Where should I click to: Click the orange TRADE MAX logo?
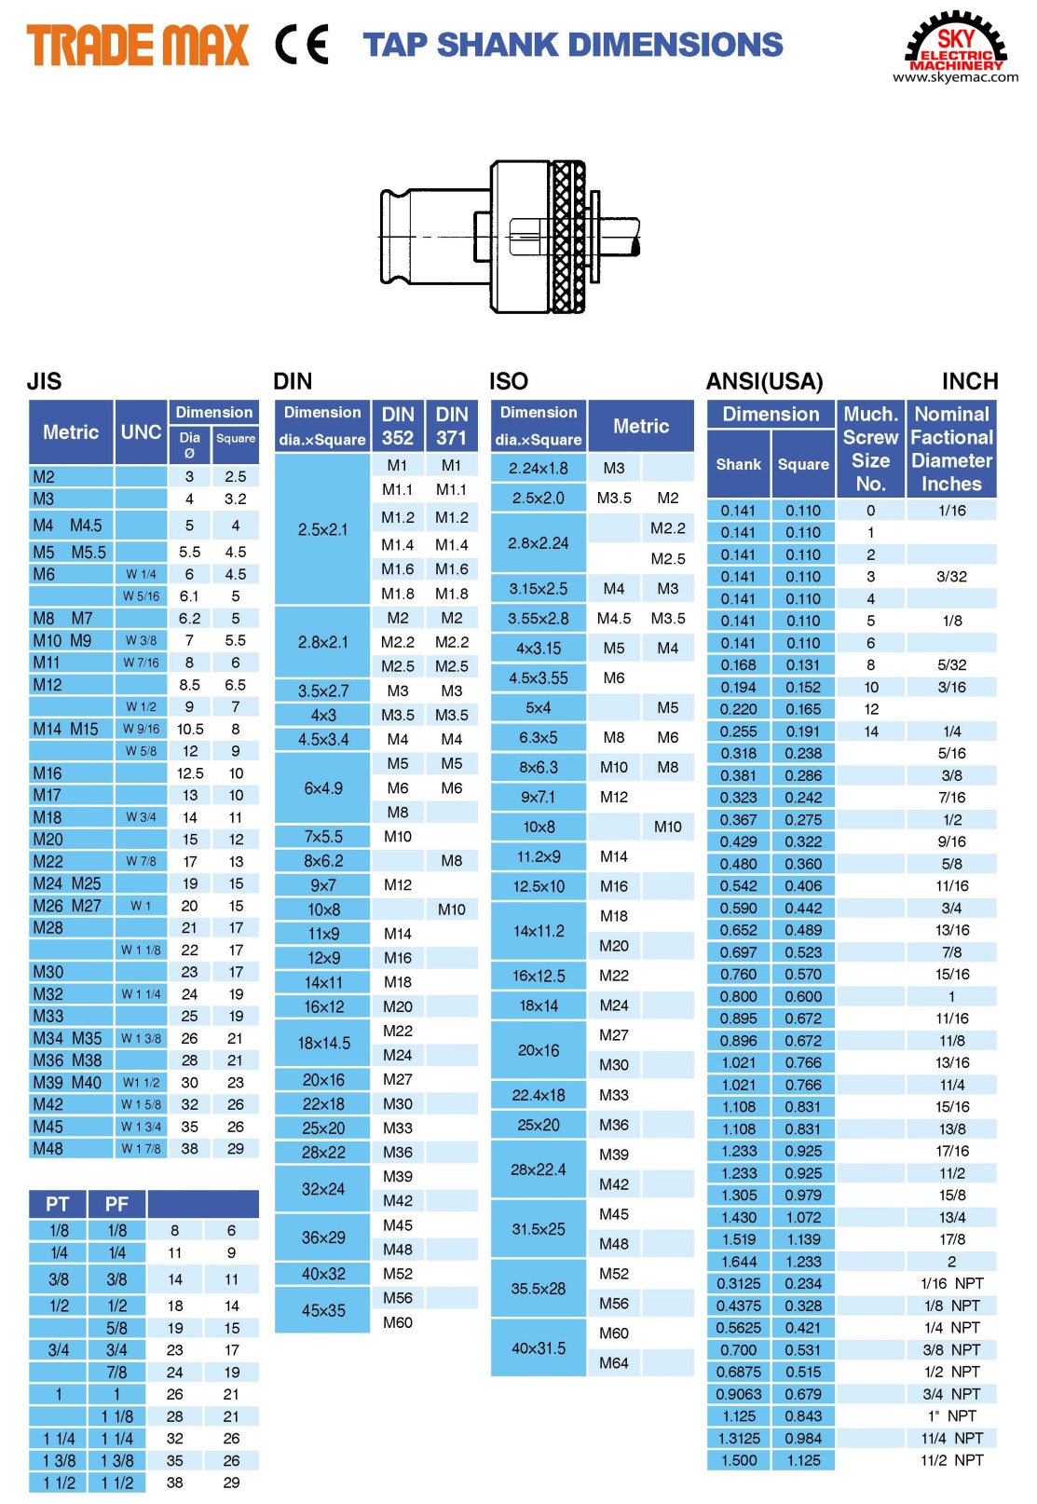pyautogui.click(x=138, y=46)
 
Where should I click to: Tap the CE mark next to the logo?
pyautogui.click(x=302, y=45)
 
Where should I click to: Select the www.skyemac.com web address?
pyautogui.click(x=955, y=77)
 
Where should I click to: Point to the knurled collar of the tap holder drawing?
pyautogui.click(x=567, y=237)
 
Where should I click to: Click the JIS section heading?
pyautogui.click(x=44, y=381)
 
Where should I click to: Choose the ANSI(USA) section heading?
pyautogui.click(x=764, y=381)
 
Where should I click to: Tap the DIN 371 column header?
pyautogui.click(x=452, y=426)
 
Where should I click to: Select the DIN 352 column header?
pyautogui.click(x=398, y=426)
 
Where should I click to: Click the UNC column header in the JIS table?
pyautogui.click(x=142, y=432)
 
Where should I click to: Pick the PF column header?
pyautogui.click(x=116, y=1204)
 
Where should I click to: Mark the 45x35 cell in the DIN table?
pyautogui.click(x=323, y=1310)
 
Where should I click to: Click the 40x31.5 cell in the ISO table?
pyautogui.click(x=539, y=1347)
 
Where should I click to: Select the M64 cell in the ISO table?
pyautogui.click(x=614, y=1362)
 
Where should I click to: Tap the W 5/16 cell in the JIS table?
pyautogui.click(x=142, y=596)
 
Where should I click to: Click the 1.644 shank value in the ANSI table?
pyautogui.click(x=739, y=1262)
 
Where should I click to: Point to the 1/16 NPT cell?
pyautogui.click(x=951, y=1283)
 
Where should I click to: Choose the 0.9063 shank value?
pyautogui.click(x=739, y=1394)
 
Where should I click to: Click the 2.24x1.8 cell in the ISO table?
pyautogui.click(x=539, y=468)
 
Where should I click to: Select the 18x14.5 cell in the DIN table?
pyautogui.click(x=323, y=1043)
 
